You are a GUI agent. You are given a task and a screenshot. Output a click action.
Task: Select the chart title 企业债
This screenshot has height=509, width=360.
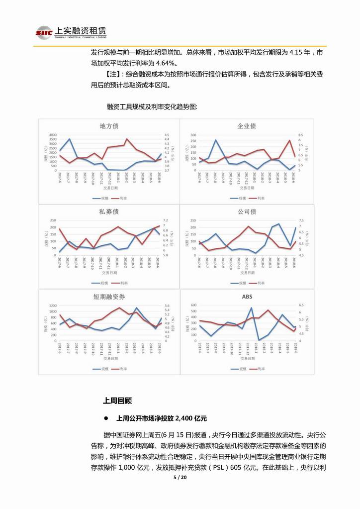click(x=247, y=126)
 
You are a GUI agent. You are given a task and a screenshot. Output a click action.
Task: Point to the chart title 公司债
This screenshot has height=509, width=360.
click(x=247, y=211)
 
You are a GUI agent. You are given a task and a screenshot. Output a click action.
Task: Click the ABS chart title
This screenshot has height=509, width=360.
click(x=247, y=297)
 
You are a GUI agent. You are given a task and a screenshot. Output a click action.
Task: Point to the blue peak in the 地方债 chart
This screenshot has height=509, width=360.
click(x=69, y=139)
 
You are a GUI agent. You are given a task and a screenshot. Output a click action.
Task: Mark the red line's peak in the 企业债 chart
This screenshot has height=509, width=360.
click(x=289, y=140)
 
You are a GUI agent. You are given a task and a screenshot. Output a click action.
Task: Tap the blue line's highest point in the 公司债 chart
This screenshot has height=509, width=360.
click(x=279, y=224)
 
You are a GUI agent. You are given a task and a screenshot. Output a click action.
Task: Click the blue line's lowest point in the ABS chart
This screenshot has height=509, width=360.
click(x=259, y=340)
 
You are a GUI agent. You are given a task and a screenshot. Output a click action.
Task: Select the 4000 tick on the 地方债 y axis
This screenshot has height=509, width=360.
click(x=53, y=135)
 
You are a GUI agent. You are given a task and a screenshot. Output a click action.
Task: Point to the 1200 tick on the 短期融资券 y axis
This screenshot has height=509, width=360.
click(x=52, y=305)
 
